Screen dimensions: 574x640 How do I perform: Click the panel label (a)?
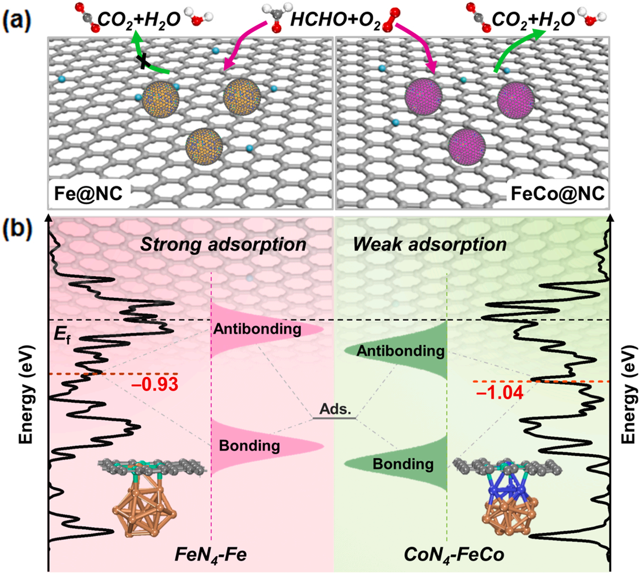17,19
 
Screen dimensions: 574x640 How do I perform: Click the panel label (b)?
17,228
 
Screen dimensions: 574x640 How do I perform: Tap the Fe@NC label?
88,193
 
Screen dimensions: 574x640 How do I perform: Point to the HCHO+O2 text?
335,20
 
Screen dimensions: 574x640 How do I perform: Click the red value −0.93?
155,384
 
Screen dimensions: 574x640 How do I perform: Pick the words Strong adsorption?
223,244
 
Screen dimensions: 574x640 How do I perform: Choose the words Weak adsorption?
430,244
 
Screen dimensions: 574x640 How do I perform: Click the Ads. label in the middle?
335,409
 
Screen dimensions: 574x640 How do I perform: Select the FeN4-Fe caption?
210,554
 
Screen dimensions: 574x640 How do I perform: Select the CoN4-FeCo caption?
454,554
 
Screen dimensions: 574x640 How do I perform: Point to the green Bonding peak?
403,463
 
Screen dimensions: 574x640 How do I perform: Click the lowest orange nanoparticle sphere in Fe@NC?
204,147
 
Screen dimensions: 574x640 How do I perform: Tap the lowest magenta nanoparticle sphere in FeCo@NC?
467,147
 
